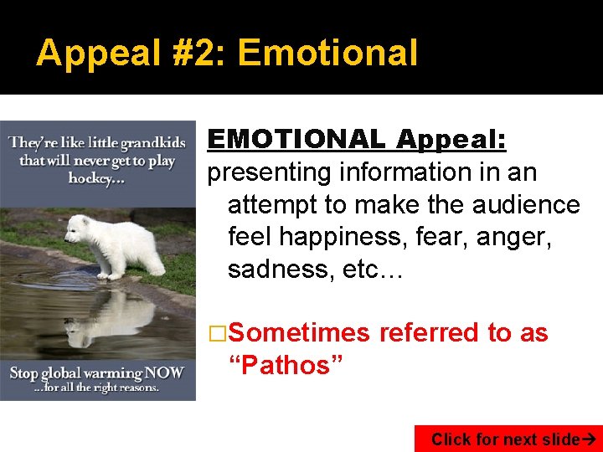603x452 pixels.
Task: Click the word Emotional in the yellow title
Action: click(x=327, y=53)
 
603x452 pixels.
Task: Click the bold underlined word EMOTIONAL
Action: click(x=297, y=139)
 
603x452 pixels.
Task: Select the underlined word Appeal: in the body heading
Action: click(x=451, y=139)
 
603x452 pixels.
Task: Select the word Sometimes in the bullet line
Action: click(x=298, y=333)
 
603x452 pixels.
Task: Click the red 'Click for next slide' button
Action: click(x=508, y=439)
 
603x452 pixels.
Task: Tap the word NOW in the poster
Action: click(x=165, y=371)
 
